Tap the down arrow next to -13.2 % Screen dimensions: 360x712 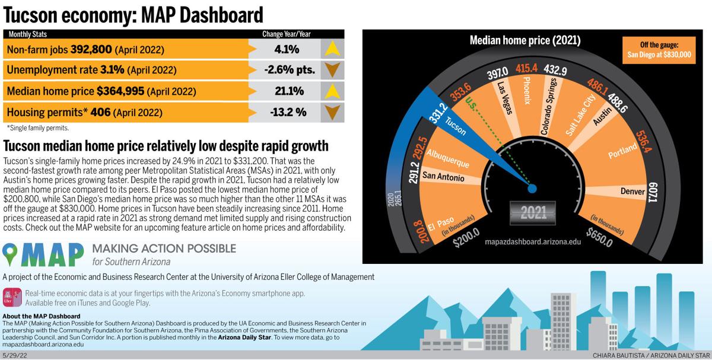(332, 112)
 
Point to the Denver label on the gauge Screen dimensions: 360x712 (632, 192)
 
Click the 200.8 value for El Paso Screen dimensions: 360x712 (417, 231)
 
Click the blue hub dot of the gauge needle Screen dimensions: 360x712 (532, 189)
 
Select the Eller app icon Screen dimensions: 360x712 (12, 297)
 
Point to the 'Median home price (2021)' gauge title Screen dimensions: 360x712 (525, 41)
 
